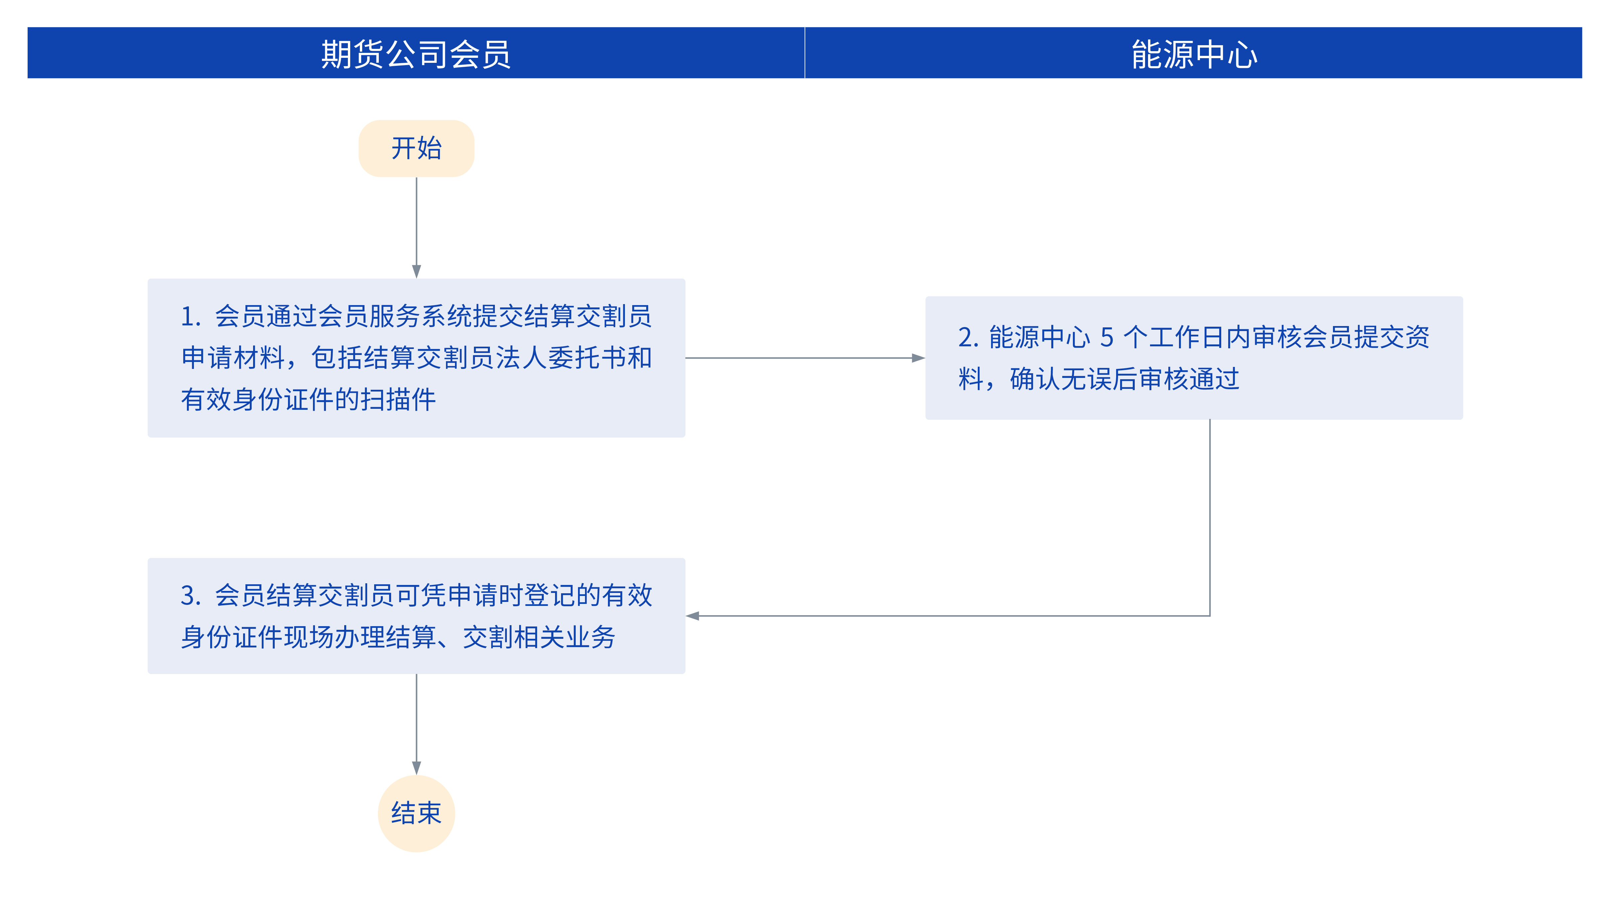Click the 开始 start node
click(416, 149)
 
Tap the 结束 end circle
click(416, 813)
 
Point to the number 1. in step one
click(191, 316)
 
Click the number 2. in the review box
click(968, 337)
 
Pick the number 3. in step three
click(191, 596)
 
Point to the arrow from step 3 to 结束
click(416, 724)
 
